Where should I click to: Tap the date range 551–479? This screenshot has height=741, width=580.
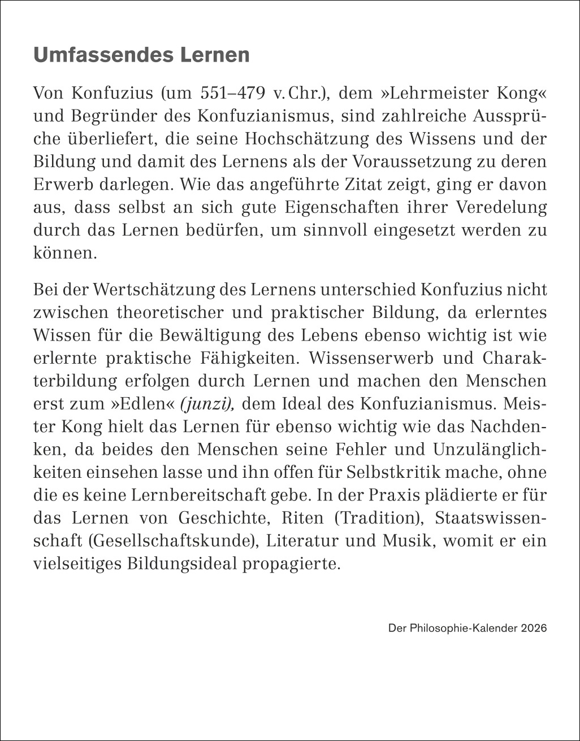click(233, 93)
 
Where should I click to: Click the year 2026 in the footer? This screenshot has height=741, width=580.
click(534, 628)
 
